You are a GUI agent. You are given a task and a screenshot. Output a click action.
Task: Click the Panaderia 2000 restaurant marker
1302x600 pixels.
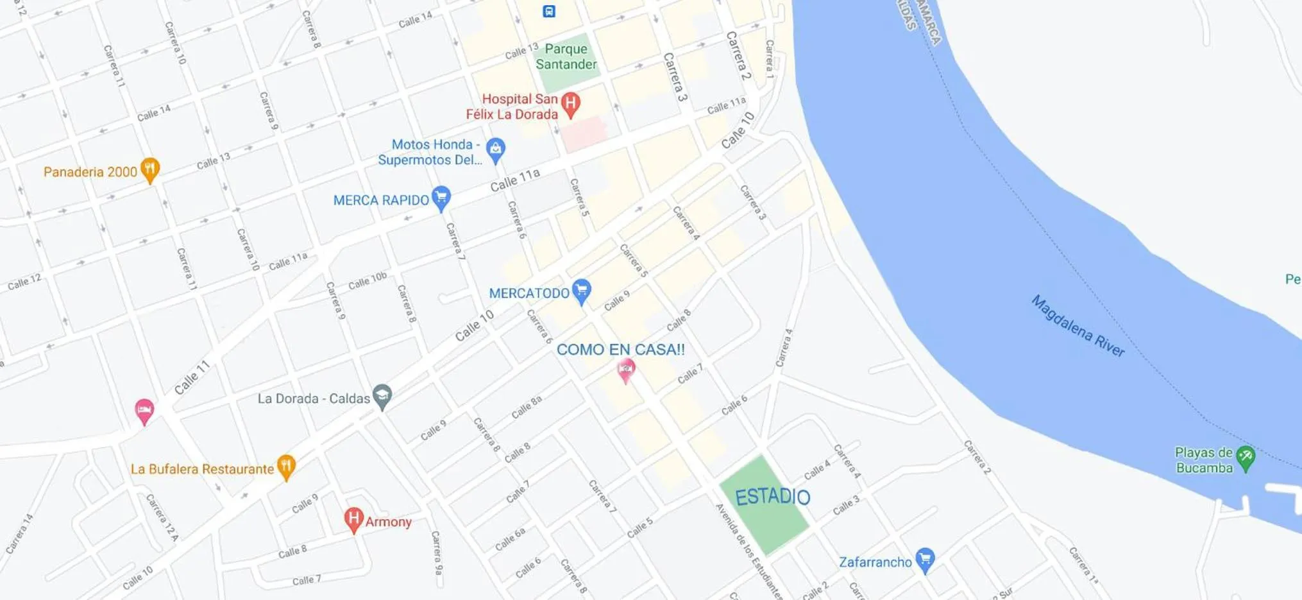[149, 169]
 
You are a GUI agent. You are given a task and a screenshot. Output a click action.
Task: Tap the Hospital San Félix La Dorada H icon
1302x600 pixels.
[570, 103]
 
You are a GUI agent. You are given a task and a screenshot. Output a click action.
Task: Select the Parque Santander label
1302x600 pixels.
[566, 56]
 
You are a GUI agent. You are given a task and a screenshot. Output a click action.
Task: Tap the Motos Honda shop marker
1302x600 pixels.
[495, 150]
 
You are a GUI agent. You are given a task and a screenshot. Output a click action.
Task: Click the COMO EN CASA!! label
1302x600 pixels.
[620, 350]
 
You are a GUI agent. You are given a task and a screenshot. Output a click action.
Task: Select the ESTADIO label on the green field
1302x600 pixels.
[772, 497]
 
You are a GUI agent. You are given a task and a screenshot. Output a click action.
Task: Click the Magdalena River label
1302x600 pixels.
[1078, 326]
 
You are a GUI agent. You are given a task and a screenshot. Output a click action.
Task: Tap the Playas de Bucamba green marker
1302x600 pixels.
[1245, 458]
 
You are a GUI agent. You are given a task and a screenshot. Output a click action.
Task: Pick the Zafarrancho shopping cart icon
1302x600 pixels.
[924, 559]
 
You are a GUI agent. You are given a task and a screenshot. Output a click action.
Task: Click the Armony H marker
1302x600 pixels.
[353, 519]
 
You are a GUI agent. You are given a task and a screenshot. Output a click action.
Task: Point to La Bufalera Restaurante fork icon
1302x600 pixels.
[286, 467]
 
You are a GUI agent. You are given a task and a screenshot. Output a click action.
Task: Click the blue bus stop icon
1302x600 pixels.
[549, 11]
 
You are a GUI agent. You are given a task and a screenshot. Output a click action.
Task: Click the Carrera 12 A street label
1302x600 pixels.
[161, 517]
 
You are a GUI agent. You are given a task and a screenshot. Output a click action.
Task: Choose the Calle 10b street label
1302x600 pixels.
[368, 281]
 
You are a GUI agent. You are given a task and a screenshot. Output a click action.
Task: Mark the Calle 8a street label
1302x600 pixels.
[527, 407]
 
